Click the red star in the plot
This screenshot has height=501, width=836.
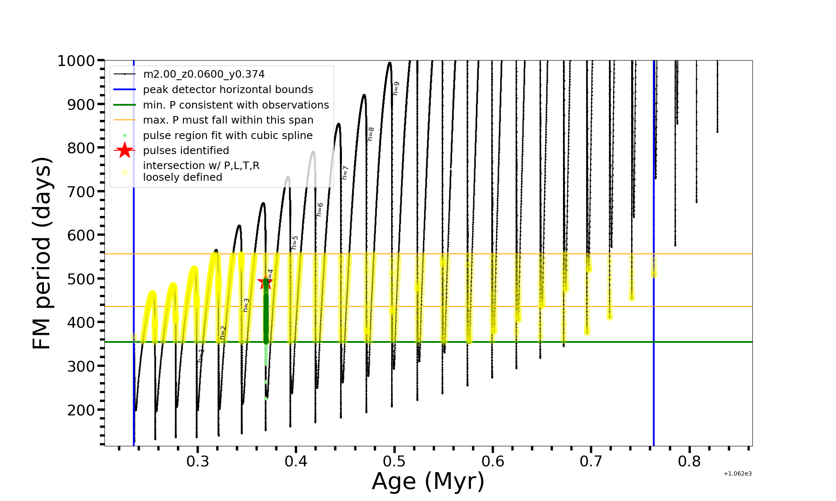tap(265, 283)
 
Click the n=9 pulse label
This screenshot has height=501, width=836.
tap(396, 89)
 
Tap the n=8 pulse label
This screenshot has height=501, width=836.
tap(371, 134)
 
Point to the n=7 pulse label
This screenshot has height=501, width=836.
tap(345, 173)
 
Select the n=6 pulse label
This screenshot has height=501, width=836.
tap(320, 210)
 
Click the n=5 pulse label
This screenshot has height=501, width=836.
tap(295, 243)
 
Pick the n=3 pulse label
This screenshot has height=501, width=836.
tap(246, 305)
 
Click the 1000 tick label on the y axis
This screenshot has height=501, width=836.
tap(76, 61)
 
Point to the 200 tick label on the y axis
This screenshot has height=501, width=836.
tap(81, 410)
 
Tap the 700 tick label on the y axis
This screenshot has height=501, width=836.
tap(81, 192)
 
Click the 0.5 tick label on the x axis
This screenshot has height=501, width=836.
tap(394, 461)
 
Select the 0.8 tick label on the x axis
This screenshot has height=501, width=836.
tap(689, 461)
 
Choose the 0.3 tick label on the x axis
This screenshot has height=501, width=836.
tap(198, 461)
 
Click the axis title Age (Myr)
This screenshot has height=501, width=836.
tap(428, 481)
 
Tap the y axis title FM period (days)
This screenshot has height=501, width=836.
tap(42, 253)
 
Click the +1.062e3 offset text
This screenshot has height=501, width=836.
tap(737, 474)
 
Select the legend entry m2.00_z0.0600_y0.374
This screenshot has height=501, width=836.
tap(204, 74)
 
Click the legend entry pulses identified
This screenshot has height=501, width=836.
tap(186, 151)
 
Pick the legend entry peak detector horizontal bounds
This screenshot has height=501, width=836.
tap(228, 90)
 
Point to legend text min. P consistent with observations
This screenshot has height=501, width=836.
tap(236, 105)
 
